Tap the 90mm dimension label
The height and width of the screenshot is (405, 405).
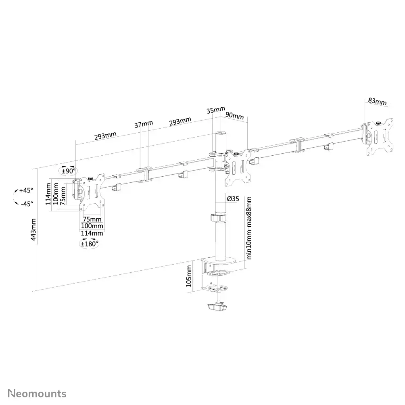[x=234, y=116]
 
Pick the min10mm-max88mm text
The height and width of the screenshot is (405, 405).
[x=249, y=228]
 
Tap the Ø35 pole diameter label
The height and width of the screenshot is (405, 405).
[x=233, y=198]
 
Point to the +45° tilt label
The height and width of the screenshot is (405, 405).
[x=27, y=190]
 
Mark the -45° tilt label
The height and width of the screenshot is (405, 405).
[x=27, y=204]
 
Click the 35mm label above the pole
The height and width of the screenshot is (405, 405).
[x=215, y=110]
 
